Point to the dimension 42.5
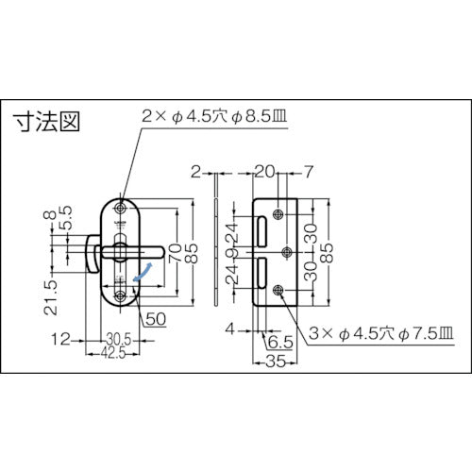click(x=114, y=351)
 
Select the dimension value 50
click(x=157, y=319)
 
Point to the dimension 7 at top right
click(x=307, y=174)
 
